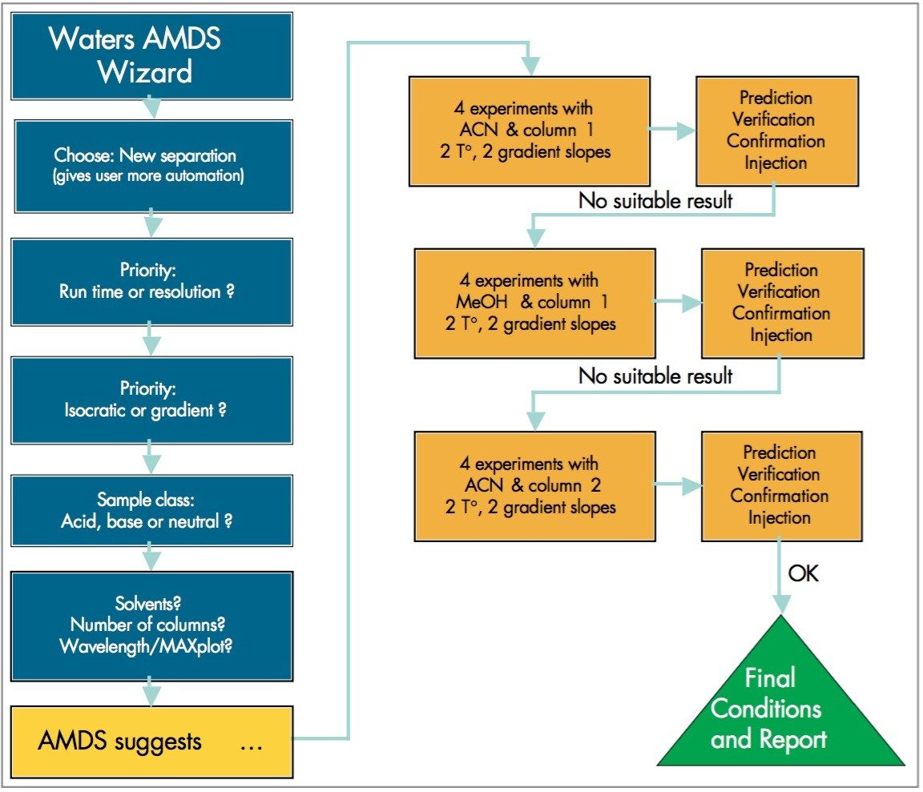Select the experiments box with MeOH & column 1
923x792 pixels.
[x=534, y=303]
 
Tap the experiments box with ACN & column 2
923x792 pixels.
[x=534, y=485]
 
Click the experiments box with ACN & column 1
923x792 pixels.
[x=530, y=129]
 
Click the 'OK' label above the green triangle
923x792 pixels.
[x=804, y=573]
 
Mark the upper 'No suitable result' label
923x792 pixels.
[x=655, y=200]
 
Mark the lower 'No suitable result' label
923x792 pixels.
[x=655, y=375]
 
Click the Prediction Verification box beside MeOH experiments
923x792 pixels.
[x=781, y=303]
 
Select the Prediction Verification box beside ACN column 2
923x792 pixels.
[x=781, y=485]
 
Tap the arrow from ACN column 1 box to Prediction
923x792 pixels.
[x=672, y=131]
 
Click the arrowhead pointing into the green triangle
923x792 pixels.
[x=780, y=605]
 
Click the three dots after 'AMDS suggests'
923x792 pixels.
[x=252, y=743]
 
